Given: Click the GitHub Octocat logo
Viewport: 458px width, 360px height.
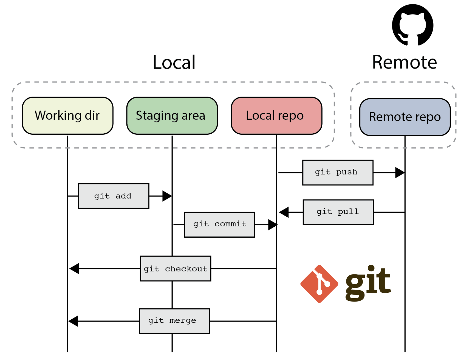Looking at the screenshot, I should (x=412, y=25).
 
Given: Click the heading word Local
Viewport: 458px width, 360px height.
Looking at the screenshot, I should (x=174, y=63).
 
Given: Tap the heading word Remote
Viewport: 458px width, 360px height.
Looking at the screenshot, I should (x=404, y=63).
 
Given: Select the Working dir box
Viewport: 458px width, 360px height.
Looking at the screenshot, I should (x=67, y=116).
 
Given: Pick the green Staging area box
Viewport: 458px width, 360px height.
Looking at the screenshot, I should (x=172, y=116).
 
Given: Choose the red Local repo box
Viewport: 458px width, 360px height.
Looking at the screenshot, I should (x=276, y=116).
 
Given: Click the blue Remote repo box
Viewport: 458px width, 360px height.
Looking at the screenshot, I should (x=405, y=117).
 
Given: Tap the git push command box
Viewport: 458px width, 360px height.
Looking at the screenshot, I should (x=338, y=173).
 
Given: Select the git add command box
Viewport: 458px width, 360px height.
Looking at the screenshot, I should (x=114, y=196).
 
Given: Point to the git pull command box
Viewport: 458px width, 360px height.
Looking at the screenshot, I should (x=338, y=212).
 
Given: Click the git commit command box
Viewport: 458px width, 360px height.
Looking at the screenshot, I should (x=219, y=224).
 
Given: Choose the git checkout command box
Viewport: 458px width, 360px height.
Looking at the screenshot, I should (x=176, y=268).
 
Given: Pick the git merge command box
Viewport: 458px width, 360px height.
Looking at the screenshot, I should (x=174, y=321).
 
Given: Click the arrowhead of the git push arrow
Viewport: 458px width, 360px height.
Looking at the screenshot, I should (x=400, y=173).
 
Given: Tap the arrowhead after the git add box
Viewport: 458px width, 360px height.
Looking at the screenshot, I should (x=167, y=196).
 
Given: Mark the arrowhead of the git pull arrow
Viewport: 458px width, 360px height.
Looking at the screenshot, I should (x=284, y=212).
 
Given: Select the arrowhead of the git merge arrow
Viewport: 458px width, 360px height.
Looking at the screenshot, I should (x=73, y=321).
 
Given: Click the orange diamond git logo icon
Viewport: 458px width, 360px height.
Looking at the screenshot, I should (x=319, y=284).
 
